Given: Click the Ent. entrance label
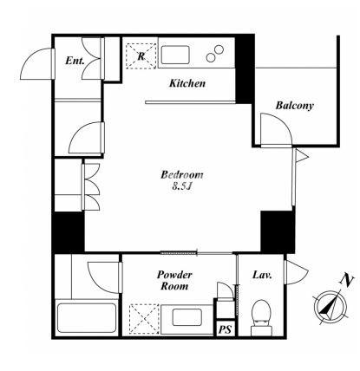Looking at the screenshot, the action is tap(75, 61).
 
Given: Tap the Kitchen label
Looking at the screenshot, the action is tap(187, 83).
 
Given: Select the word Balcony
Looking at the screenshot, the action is tap(294, 106).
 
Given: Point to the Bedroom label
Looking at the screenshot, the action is tap(182, 175).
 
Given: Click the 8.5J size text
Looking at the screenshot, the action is tap(182, 186).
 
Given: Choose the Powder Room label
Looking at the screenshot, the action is tap(174, 280).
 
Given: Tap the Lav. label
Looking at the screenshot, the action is tap(262, 275).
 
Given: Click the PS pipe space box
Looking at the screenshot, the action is tap(225, 329).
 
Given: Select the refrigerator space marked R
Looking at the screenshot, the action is tap(141, 55).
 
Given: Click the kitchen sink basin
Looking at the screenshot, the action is tap(175, 55).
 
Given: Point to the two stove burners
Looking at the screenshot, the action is tap(215, 54).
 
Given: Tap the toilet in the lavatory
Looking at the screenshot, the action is tap(261, 317).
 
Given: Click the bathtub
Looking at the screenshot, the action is tap(87, 318).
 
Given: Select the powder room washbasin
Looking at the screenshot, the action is tap(187, 317).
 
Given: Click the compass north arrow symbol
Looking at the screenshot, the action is tap(330, 306).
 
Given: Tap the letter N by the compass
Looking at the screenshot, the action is tap(346, 279).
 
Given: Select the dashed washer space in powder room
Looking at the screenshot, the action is tap(144, 319).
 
